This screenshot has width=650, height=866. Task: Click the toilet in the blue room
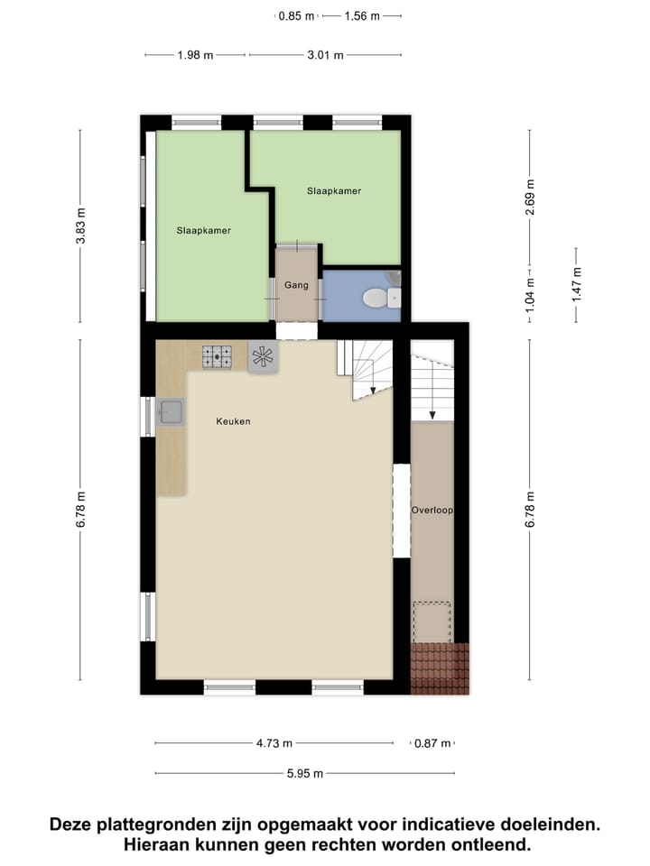tap(375, 297)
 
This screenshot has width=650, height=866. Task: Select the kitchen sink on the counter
tap(172, 412)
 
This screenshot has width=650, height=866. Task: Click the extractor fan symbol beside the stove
tap(264, 356)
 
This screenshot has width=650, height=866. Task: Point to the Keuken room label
tap(233, 421)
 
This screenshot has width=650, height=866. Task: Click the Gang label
tap(296, 285)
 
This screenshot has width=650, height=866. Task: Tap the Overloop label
tap(432, 510)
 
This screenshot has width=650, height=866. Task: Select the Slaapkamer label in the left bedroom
tap(203, 230)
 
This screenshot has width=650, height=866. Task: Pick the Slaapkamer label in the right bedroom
tap(334, 190)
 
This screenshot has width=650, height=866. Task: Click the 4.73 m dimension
tap(274, 743)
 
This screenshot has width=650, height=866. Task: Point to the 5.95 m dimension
tap(305, 773)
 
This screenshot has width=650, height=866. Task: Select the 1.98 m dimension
tap(195, 55)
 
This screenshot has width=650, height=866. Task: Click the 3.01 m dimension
tap(325, 55)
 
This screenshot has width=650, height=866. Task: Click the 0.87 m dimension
tap(432, 743)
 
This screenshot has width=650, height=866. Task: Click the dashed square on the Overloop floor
tap(432, 621)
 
